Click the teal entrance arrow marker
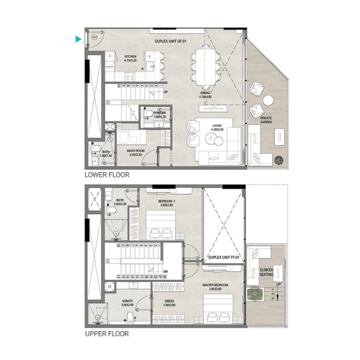pyautogui.click(x=78, y=40)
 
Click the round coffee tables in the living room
pyautogui.click(x=213, y=139)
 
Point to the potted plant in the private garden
pyautogui.click(x=278, y=160)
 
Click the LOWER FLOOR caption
pyautogui.click(x=107, y=175)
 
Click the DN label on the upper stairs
pyautogui.click(x=165, y=271)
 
